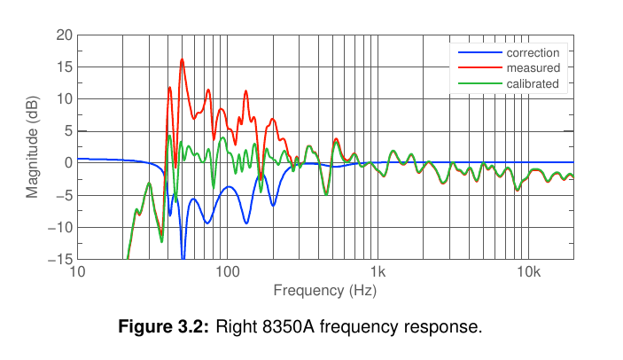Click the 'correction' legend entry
click(x=532, y=52)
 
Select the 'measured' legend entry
click(x=532, y=68)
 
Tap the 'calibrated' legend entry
click(x=532, y=84)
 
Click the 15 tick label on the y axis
click(x=64, y=67)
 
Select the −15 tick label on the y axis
click(x=60, y=260)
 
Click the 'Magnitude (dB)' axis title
click(x=33, y=146)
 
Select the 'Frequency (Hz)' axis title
click(x=325, y=290)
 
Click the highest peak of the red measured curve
click(x=182, y=59)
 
